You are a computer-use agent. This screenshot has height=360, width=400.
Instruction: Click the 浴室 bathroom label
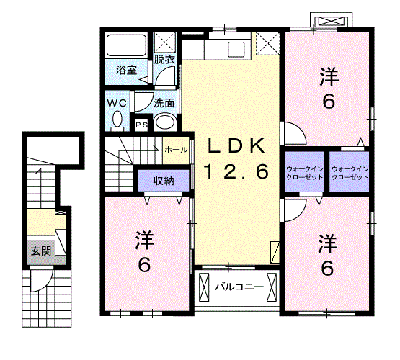tap(127, 71)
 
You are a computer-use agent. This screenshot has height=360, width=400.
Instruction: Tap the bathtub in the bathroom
tap(127, 47)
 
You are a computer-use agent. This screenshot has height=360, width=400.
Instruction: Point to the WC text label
tap(117, 102)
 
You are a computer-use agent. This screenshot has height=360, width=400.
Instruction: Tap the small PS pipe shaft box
tap(143, 125)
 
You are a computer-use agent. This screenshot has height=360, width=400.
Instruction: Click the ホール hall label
tap(176, 150)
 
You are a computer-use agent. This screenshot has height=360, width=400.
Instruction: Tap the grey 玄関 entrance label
tap(40, 251)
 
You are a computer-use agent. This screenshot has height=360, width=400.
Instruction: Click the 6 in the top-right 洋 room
tap(328, 102)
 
